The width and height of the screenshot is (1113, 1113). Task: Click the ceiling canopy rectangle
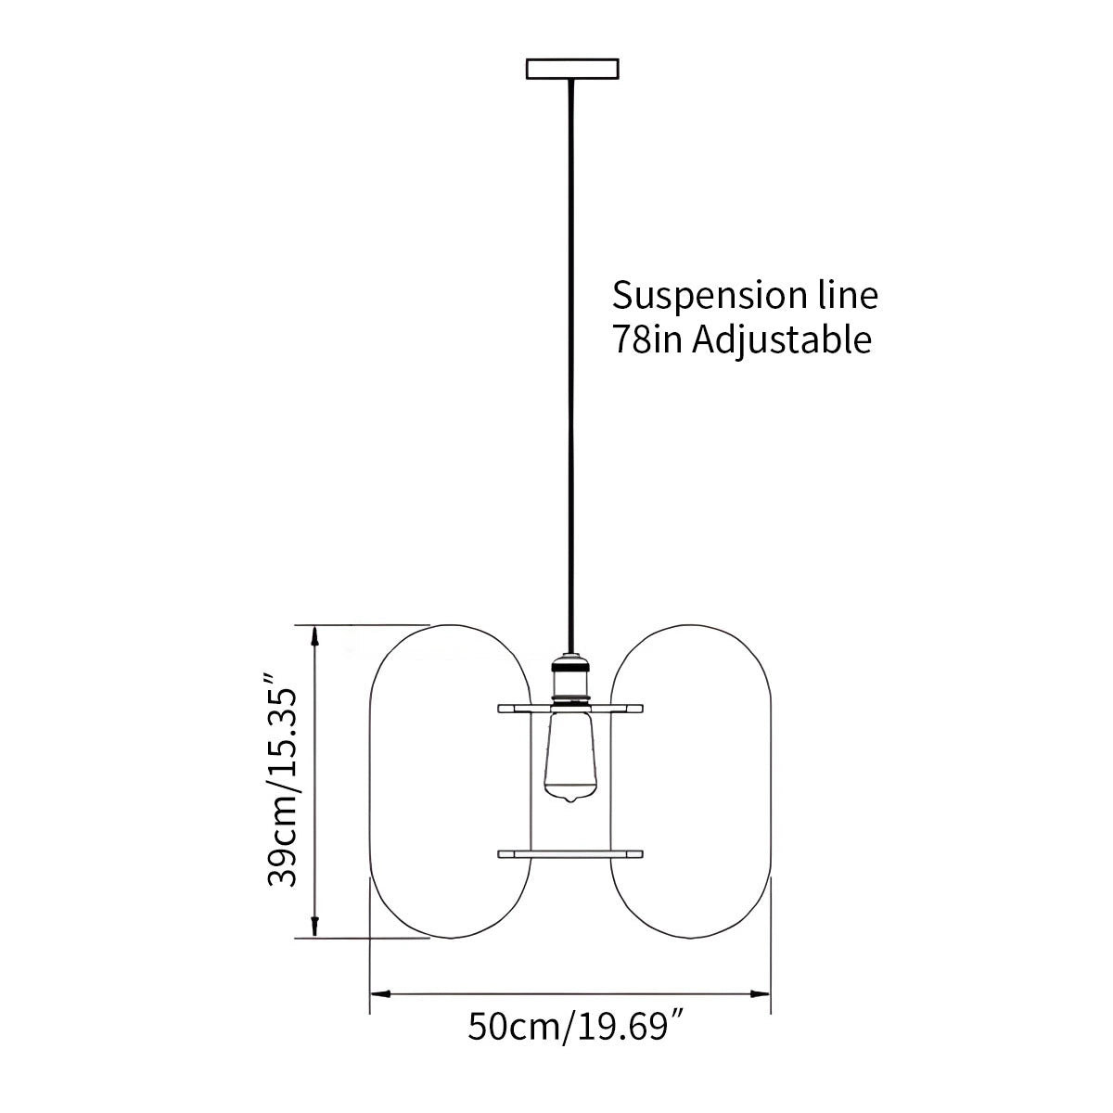[572, 69]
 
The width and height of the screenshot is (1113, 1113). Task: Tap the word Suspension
[694, 296]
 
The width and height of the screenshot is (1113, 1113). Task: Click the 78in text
[644, 339]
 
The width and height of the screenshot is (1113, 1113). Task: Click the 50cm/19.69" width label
[569, 1027]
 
